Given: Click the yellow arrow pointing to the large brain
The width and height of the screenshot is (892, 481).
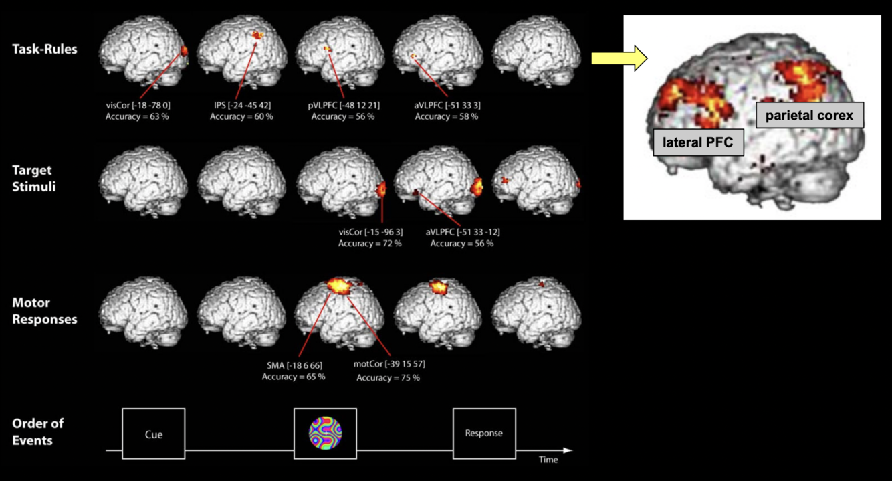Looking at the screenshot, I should click(619, 58).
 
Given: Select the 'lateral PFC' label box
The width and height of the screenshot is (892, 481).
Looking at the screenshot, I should click(698, 142).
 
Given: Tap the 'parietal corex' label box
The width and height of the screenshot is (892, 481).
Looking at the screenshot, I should click(809, 116).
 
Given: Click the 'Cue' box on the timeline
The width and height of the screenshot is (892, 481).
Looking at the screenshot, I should click(154, 434).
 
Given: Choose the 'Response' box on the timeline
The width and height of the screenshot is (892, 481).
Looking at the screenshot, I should click(483, 433).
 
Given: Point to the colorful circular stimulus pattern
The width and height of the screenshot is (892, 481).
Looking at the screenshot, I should click(325, 433).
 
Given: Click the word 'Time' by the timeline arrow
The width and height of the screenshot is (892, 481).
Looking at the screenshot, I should click(548, 460).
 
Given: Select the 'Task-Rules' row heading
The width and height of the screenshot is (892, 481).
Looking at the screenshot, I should click(45, 49).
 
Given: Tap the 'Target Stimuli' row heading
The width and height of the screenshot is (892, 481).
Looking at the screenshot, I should click(34, 179).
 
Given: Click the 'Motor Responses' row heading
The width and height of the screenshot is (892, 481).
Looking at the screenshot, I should click(45, 311).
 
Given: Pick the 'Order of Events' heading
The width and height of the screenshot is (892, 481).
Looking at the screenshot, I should click(37, 431).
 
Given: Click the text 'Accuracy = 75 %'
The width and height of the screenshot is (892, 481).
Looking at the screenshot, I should click(388, 377).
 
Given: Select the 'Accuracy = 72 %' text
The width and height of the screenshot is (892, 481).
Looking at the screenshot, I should click(370, 244).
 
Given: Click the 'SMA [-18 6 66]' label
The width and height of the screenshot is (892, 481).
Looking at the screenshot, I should click(294, 365).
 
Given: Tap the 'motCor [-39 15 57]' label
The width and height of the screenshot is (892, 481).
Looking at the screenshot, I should click(389, 365).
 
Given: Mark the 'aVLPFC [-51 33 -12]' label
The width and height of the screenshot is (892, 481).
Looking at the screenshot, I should click(463, 232).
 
